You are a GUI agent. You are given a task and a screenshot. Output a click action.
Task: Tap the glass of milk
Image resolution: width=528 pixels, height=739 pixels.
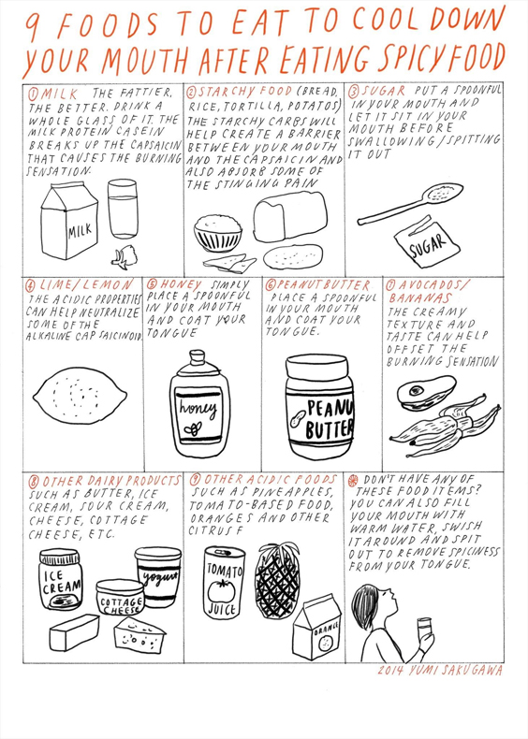click(x=123, y=209)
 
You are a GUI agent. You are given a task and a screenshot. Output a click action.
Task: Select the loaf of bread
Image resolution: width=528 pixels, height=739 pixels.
click(x=289, y=216)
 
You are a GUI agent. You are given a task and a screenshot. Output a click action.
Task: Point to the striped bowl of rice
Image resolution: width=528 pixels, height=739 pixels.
click(x=218, y=233)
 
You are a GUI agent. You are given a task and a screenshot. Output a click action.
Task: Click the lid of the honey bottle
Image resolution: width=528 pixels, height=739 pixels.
click(x=198, y=360)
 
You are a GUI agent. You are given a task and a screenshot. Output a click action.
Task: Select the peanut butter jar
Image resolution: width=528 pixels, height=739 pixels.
click(x=319, y=408)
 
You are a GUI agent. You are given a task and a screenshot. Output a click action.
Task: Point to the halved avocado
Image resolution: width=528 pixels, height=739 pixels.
click(x=426, y=392)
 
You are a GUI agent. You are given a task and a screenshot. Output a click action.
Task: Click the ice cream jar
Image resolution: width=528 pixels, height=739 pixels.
click(x=61, y=579)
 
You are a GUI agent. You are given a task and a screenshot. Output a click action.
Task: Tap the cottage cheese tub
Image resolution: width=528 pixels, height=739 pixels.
click(x=120, y=597)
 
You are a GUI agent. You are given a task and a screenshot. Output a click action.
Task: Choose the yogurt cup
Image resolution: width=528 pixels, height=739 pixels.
click(x=158, y=576)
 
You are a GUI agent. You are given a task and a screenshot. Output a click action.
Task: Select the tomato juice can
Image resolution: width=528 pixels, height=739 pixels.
click(x=224, y=583)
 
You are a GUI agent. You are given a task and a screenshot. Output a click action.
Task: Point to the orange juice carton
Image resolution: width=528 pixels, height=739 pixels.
click(x=317, y=629)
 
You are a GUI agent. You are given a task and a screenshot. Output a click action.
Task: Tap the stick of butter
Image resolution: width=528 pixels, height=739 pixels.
click(x=74, y=632)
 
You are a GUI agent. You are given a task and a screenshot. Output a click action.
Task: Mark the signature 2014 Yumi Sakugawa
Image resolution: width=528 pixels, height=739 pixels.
click(x=440, y=671)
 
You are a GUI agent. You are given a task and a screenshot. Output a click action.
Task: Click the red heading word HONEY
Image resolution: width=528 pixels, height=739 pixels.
click(x=181, y=284)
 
